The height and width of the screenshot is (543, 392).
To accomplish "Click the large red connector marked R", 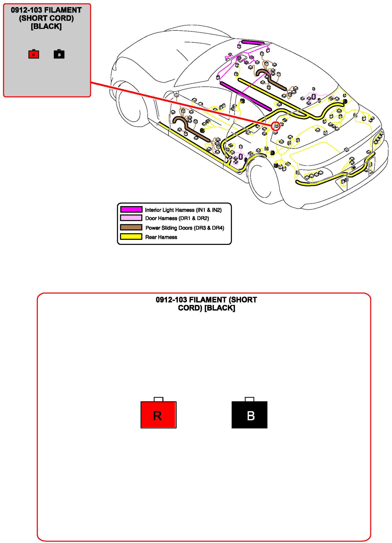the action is pyautogui.click(x=158, y=415).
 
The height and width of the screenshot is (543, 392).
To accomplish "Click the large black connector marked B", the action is pyautogui.click(x=249, y=415).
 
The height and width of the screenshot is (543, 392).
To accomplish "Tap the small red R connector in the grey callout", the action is pyautogui.click(x=34, y=54).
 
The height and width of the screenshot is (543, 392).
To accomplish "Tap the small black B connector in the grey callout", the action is pyautogui.click(x=59, y=54).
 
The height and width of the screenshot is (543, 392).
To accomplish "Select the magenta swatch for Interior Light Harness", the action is pyautogui.click(x=131, y=209).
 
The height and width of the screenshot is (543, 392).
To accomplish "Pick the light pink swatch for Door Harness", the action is pyautogui.click(x=131, y=218).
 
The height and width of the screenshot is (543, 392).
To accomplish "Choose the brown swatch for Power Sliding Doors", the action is pyautogui.click(x=131, y=227).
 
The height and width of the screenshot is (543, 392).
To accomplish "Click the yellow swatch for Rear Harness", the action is pyautogui.click(x=131, y=236).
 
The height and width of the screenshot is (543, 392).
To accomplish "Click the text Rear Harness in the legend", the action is pyautogui.click(x=161, y=237).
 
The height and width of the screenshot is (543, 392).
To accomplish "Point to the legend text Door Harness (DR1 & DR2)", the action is pyautogui.click(x=177, y=218).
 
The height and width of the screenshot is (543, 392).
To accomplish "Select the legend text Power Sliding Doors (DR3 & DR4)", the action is pyautogui.click(x=185, y=228).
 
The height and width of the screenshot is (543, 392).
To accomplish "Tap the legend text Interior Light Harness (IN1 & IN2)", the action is pyautogui.click(x=183, y=210).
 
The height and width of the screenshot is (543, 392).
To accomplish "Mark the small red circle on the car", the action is pyautogui.click(x=276, y=126).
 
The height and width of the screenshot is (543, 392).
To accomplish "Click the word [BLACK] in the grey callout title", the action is pyautogui.click(x=46, y=26).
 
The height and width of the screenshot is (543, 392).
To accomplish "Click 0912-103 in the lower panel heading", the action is pyautogui.click(x=171, y=300).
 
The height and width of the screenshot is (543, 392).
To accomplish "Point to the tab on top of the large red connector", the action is pyautogui.click(x=158, y=399).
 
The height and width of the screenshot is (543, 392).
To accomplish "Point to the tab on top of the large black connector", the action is pyautogui.click(x=249, y=399).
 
